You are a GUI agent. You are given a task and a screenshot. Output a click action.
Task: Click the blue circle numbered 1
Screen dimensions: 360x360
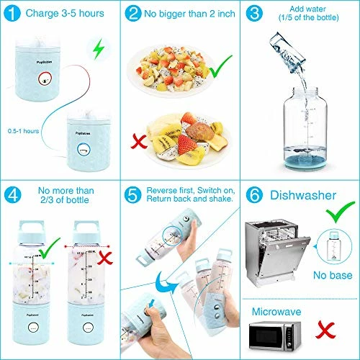pyautogui.click(x=12, y=12)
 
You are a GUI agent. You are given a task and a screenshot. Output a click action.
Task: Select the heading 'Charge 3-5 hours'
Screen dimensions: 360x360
pyautogui.click(x=63, y=12)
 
